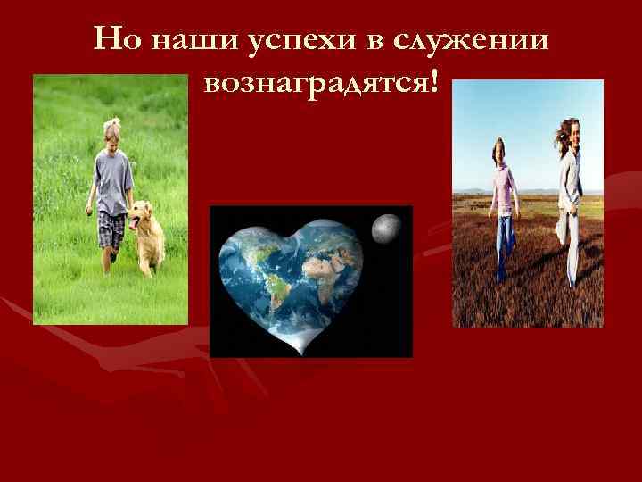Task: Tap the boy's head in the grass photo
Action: [111, 130]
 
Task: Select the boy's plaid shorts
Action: [111, 229]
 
